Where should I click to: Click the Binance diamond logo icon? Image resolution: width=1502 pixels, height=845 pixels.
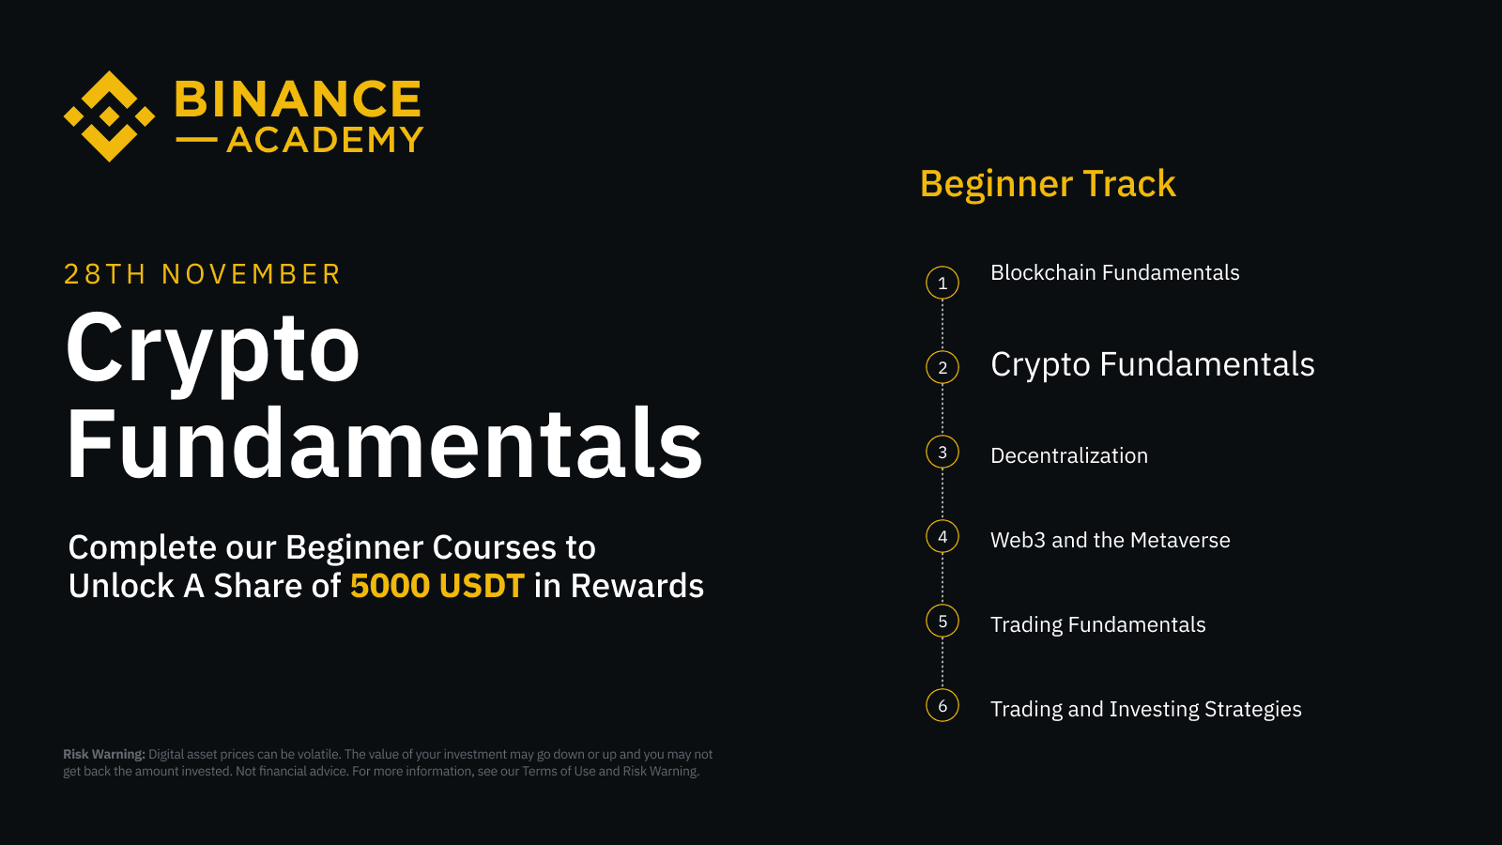click(109, 116)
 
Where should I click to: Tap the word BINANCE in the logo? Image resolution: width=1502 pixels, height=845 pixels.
click(298, 100)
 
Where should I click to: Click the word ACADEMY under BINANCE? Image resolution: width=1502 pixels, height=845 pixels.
click(325, 140)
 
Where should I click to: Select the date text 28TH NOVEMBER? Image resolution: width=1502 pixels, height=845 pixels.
click(202, 274)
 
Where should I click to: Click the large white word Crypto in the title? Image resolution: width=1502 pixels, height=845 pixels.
click(213, 349)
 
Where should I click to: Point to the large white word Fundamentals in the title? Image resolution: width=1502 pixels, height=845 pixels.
click(384, 443)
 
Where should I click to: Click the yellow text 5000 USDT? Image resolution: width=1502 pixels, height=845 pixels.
click(437, 586)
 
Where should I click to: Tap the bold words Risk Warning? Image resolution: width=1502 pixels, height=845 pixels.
click(104, 754)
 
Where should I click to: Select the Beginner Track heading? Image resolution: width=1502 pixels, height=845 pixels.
click(1048, 184)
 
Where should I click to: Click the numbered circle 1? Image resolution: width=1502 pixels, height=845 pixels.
click(943, 283)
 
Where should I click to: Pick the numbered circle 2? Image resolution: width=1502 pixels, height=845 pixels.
click(943, 367)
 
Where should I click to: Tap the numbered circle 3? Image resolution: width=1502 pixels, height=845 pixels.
click(943, 452)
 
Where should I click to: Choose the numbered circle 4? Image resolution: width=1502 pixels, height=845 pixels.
click(943, 536)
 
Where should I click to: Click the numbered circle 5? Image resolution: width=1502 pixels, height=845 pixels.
click(943, 621)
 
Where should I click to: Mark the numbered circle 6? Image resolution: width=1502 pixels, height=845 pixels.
click(943, 705)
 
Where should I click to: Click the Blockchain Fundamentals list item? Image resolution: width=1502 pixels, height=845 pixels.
click(1114, 273)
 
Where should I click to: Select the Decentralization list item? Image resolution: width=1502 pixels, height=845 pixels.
click(1068, 456)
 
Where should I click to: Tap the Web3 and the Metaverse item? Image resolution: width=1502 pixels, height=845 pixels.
click(1110, 541)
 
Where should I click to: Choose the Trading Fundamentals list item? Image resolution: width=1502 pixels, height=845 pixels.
click(1097, 625)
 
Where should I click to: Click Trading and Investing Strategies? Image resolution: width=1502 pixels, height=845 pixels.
click(1145, 710)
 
